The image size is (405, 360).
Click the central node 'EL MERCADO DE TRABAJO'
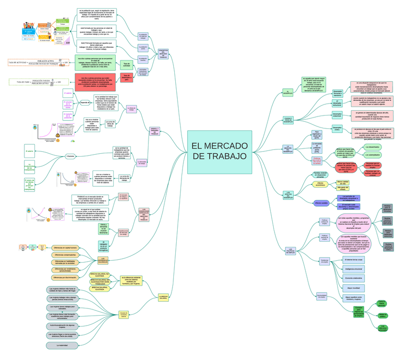point(219,152)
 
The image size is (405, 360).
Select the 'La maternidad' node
point(62,345)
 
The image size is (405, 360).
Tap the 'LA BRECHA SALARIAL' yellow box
point(163,297)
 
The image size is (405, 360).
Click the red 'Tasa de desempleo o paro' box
point(126,77)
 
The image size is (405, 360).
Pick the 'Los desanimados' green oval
point(373,147)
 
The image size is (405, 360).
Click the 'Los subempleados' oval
point(373,155)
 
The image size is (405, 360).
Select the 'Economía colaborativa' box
point(353,278)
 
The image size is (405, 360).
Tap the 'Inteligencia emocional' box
point(353,269)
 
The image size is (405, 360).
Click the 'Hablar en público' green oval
point(382,315)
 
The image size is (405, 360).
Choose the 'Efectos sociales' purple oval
point(321,203)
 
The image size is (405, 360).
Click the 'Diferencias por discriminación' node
point(65,277)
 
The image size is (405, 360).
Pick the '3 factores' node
point(71,156)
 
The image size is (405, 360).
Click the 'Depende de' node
point(85,102)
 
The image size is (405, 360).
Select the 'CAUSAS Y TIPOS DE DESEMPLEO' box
point(288,120)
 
